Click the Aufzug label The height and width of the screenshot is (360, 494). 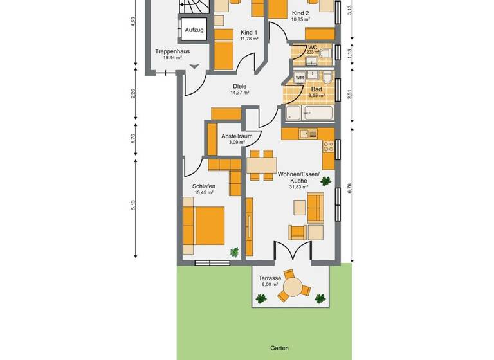194,30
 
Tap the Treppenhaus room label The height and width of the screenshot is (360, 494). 172,51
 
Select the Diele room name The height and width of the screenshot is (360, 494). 239,86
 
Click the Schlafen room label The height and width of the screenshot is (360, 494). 204,186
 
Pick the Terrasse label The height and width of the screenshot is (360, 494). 270,277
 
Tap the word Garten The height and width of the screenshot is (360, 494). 279,348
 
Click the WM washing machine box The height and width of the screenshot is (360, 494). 300,78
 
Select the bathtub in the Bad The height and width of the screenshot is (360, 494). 310,114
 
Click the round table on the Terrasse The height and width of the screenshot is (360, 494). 294,287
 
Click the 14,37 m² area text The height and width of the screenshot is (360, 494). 239,93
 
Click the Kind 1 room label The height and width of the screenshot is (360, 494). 249,32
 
